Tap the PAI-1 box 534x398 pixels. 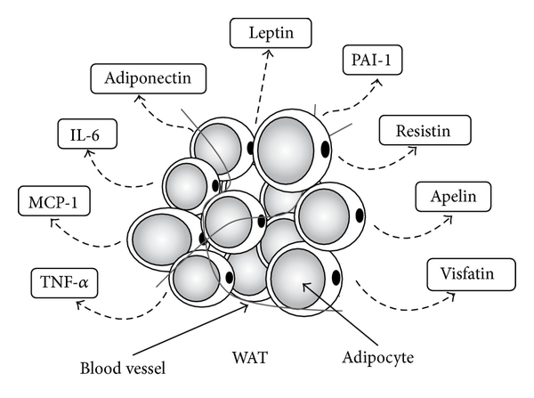click(x=368, y=62)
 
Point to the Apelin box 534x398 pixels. click(x=448, y=194)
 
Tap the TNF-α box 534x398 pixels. click(x=64, y=282)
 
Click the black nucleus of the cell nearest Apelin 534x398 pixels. click(x=359, y=215)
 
